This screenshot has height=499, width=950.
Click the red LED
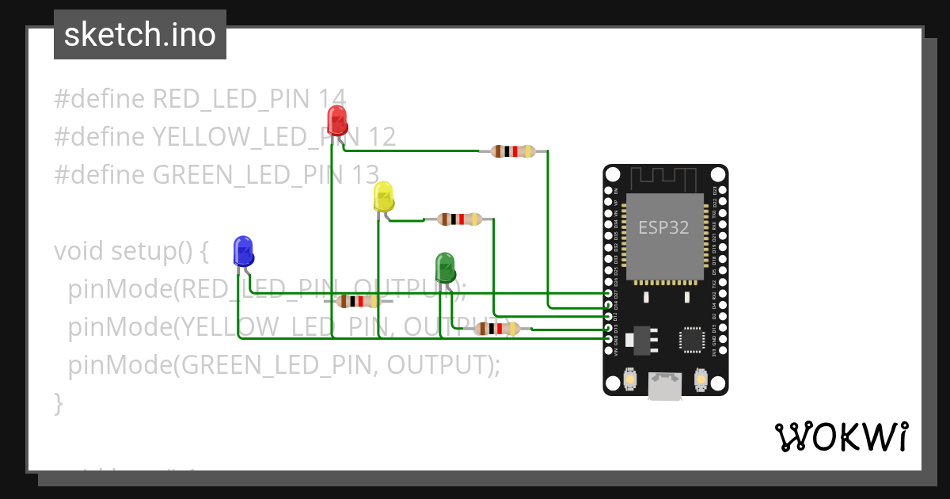[337, 121]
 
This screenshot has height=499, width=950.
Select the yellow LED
[383, 196]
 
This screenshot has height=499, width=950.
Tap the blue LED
[244, 252]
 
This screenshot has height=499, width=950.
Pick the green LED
[446, 268]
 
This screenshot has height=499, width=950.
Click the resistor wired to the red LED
[514, 151]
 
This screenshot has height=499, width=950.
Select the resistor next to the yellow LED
[460, 219]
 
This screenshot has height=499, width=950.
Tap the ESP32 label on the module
[663, 228]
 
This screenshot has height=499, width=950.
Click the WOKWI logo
[840, 436]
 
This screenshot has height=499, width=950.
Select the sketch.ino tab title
[139, 36]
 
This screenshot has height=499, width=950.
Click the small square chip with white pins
[692, 339]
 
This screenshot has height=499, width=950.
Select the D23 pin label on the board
[715, 191]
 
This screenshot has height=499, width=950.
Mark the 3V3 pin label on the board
[715, 351]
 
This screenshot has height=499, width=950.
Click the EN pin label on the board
[617, 191]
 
